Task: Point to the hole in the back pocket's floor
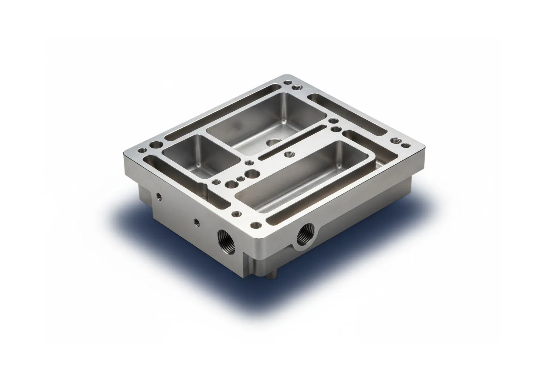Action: (274, 142)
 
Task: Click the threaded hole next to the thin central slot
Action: (288, 154)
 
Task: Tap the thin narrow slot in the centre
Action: (292, 142)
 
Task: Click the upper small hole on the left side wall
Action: (159, 196)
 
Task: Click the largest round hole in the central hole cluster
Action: (252, 173)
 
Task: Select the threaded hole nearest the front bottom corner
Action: (254, 224)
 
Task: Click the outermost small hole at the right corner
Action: (406, 145)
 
